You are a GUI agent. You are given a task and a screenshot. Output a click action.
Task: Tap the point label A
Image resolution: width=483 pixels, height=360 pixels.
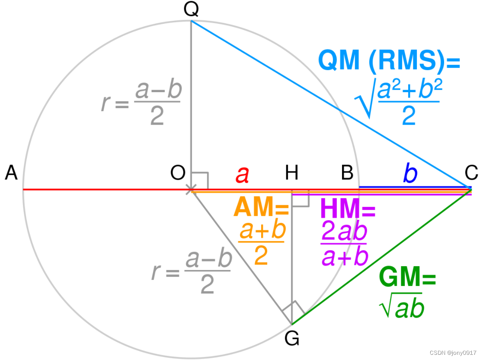click(12, 174)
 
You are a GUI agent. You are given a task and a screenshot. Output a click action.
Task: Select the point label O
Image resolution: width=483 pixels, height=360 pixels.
click(178, 174)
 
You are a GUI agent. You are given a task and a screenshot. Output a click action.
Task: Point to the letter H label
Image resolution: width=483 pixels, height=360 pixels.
click(292, 174)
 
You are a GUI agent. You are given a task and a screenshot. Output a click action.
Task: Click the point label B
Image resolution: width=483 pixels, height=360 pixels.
click(347, 174)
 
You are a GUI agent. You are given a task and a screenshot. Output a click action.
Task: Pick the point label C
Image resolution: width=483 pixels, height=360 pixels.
click(471, 174)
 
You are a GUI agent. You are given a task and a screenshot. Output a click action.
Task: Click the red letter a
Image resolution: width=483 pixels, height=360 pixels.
click(242, 175)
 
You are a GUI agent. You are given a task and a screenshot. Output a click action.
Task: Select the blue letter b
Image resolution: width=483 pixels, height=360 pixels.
click(410, 174)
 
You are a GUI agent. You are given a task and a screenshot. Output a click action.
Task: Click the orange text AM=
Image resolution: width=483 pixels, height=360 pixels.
click(261, 208)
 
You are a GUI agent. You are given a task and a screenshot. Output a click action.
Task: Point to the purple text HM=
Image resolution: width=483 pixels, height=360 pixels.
click(348, 210)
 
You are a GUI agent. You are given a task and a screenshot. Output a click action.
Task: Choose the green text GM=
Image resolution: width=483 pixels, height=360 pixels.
click(407, 277)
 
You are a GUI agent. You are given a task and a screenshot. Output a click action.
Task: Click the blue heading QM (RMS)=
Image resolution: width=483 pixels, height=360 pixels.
click(389, 61)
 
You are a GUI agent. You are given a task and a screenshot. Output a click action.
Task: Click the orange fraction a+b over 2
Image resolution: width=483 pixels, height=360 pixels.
click(262, 243)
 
